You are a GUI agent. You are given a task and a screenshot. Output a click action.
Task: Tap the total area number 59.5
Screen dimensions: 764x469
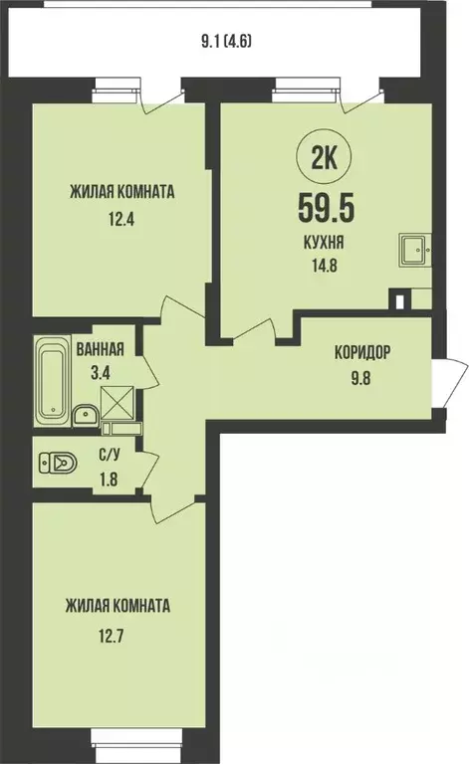(326, 208)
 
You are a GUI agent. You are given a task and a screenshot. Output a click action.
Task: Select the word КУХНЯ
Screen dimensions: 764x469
(326, 243)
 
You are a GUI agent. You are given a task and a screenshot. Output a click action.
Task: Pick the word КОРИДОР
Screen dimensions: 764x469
(361, 352)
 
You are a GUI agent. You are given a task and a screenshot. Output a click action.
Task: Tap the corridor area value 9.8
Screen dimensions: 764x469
(361, 375)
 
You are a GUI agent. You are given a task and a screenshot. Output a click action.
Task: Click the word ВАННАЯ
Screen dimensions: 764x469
(101, 349)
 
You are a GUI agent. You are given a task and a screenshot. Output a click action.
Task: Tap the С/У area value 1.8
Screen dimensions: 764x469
(106, 479)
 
